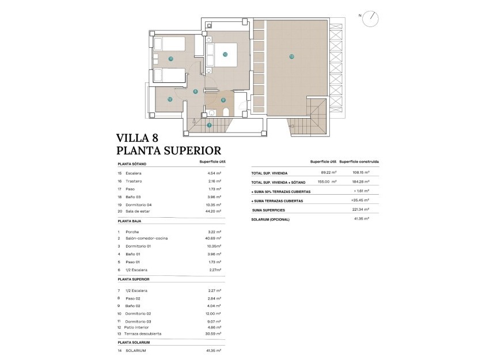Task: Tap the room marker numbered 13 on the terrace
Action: pos(292,56)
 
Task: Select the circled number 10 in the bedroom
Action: pos(225,55)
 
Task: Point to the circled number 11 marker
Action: pos(171,59)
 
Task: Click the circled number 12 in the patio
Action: pos(170,99)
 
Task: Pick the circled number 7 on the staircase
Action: pos(210,125)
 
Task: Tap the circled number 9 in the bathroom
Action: pos(223,100)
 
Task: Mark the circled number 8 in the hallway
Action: pos(196,91)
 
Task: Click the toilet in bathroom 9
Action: pos(226,112)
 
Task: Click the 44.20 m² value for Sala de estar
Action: pos(214,211)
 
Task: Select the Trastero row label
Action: pos(134,181)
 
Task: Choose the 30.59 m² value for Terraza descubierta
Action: pos(214,334)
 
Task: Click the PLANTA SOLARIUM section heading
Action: pos(134,342)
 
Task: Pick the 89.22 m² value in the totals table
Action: pos(328,172)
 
